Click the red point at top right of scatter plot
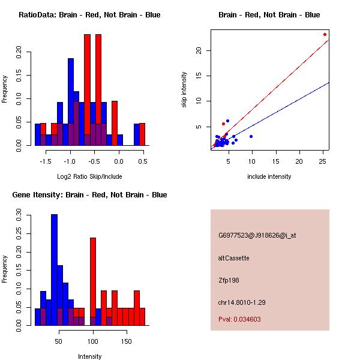(325, 34)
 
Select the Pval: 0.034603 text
(239, 319)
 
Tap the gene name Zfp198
(229, 280)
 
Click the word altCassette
(234, 258)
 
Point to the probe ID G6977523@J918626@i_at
(257, 235)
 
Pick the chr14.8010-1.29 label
(242, 302)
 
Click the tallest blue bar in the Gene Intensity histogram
(54, 270)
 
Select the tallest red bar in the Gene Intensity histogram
(93, 281)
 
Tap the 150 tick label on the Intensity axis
(127, 341)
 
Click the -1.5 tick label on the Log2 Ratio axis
(46, 161)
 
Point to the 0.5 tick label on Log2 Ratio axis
(143, 161)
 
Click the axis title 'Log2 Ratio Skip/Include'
(89, 176)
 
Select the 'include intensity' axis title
(269, 176)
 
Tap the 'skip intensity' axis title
(184, 89)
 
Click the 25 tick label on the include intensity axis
(323, 161)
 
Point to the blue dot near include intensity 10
(251, 137)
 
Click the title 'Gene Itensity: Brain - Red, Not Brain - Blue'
(89, 195)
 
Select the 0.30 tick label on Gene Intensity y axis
(19, 215)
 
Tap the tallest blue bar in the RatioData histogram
(71, 102)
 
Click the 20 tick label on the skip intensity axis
(199, 50)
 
